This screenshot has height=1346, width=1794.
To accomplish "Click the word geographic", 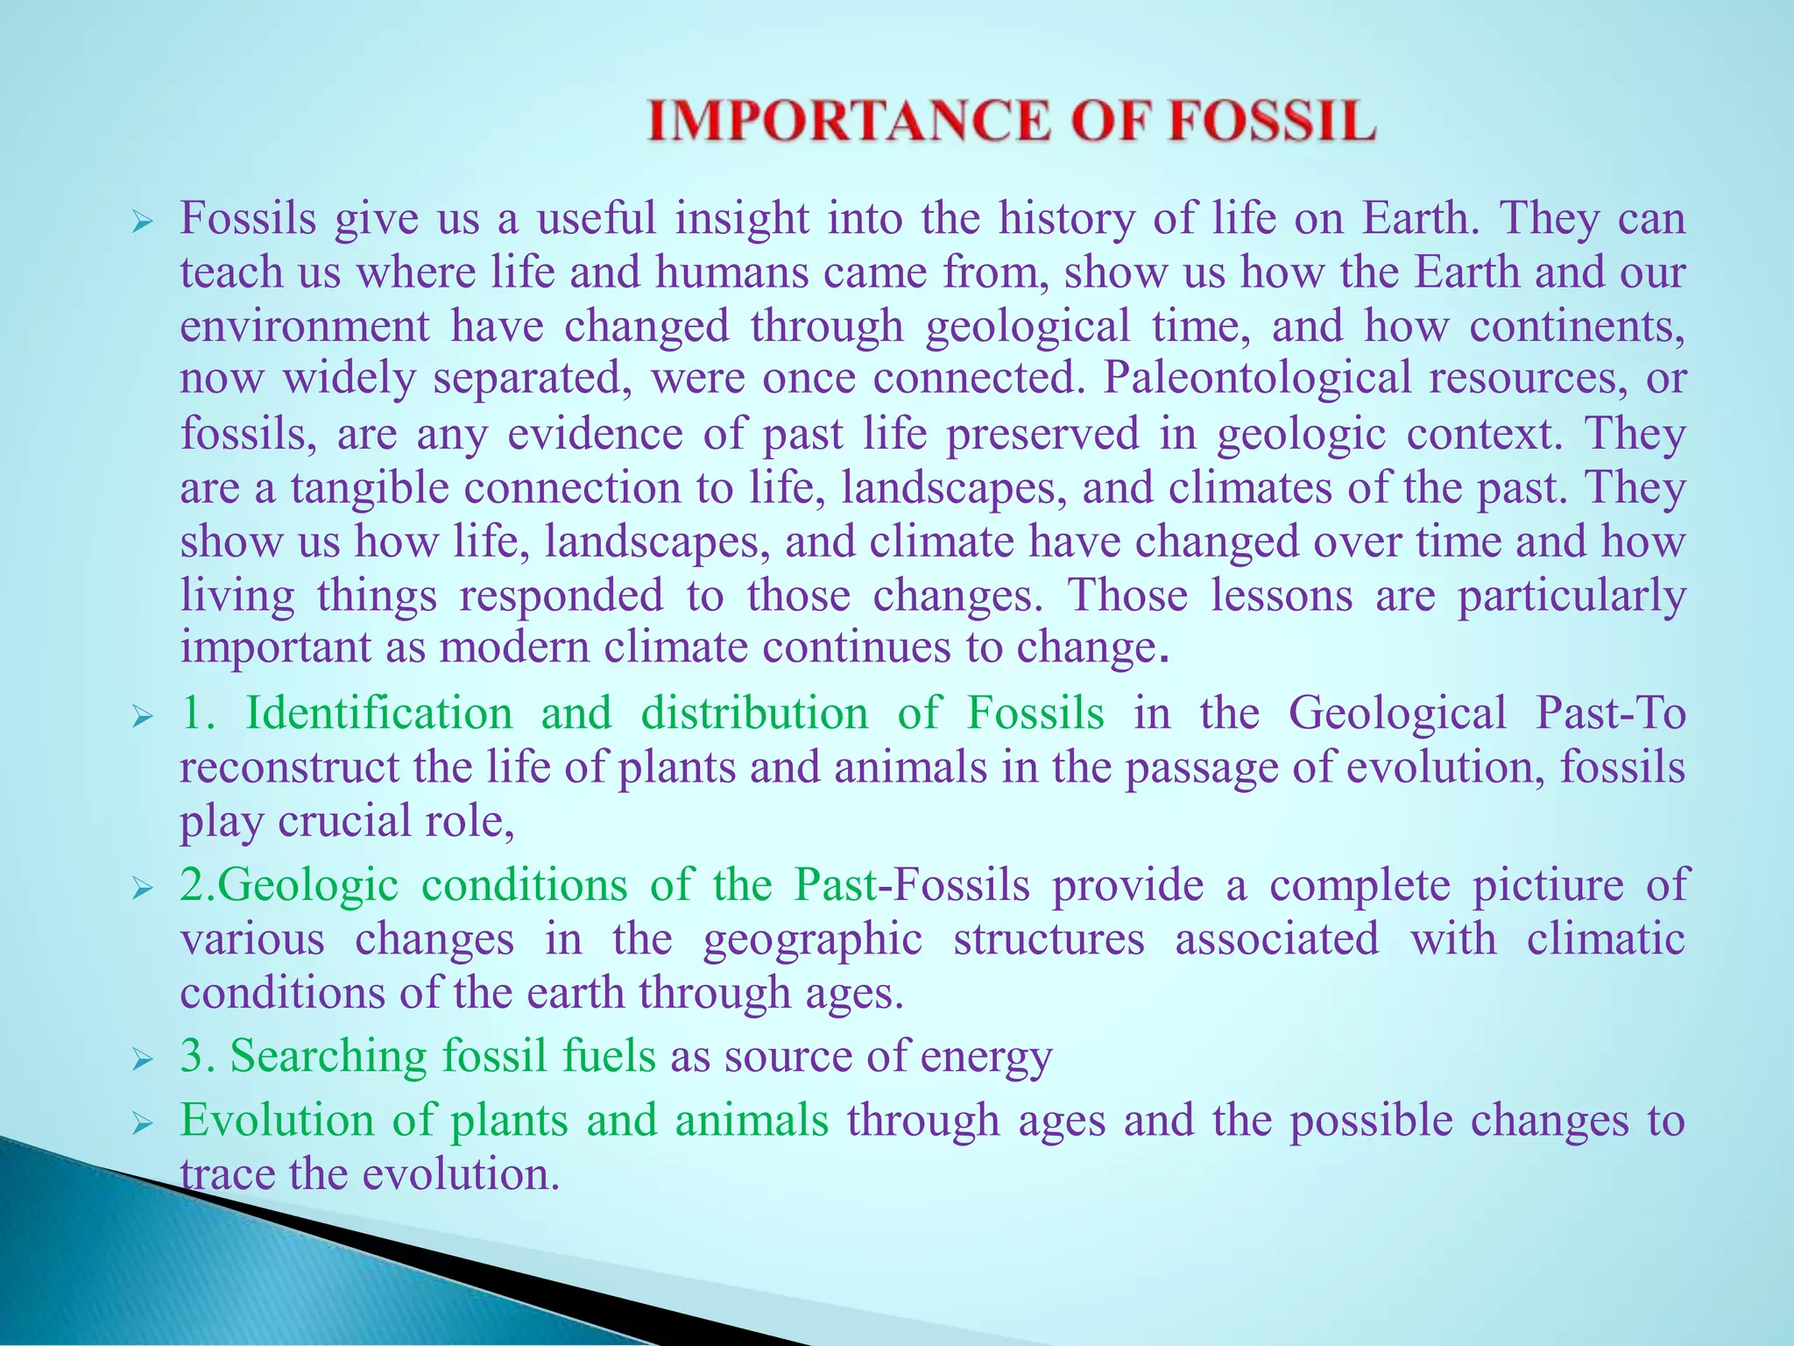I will coord(813,939).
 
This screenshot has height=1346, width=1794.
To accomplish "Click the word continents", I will coord(1577,326).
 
